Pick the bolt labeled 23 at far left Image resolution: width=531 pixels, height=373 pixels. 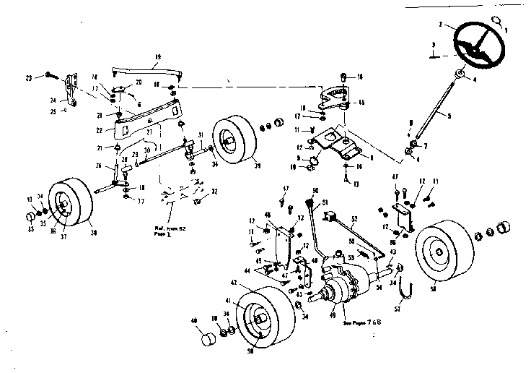pyautogui.click(x=51, y=74)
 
